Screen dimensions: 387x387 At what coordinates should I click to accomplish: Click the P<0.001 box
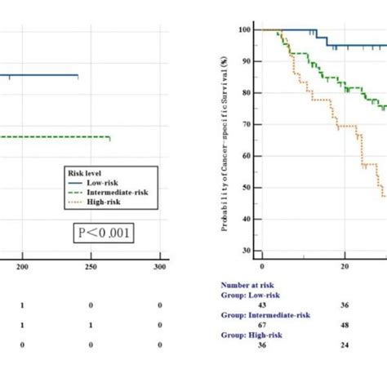(x=104, y=234)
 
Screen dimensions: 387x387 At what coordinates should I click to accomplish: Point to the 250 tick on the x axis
(x=91, y=267)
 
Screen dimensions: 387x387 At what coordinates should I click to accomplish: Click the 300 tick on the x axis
(x=160, y=267)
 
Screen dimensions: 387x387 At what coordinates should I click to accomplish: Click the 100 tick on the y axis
(x=244, y=30)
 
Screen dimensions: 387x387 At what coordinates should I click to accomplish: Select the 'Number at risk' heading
(x=246, y=286)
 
